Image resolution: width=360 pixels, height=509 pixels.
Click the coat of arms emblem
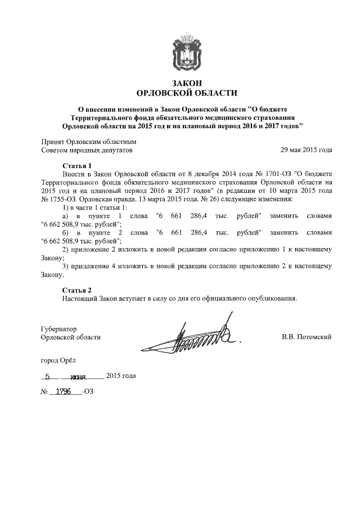[187, 49]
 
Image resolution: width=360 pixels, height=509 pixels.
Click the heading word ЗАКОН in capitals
[187, 83]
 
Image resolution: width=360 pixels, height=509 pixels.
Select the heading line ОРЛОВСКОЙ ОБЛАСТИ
[187, 93]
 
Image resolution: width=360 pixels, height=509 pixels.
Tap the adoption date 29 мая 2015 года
[306, 151]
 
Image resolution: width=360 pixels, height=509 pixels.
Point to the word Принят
[53, 142]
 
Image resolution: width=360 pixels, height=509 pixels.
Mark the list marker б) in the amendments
[66, 232]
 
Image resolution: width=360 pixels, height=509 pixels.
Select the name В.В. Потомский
[307, 337]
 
